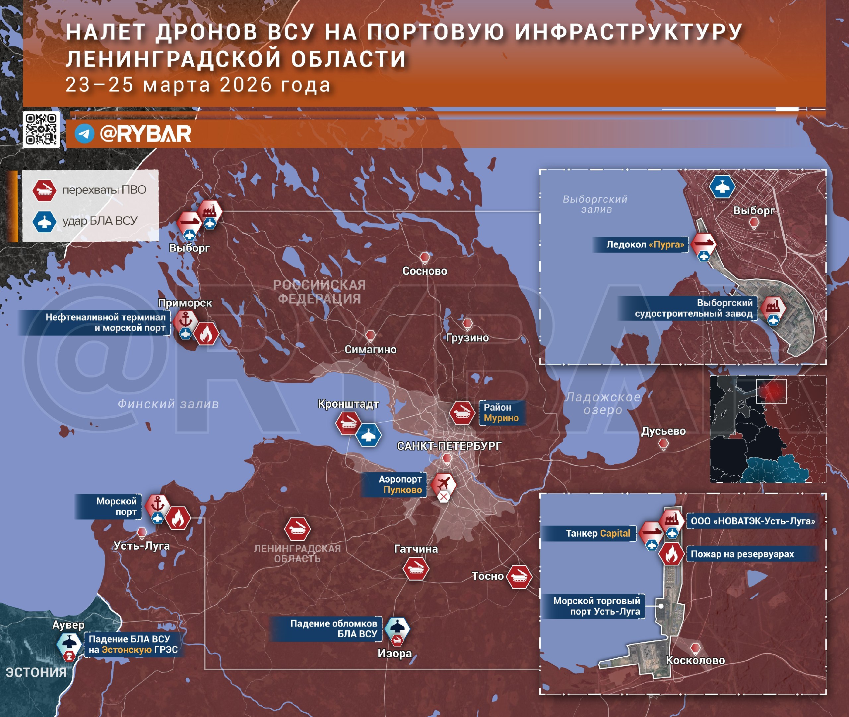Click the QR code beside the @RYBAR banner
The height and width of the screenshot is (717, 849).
tap(41, 129)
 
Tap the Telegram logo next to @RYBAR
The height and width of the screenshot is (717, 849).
tap(85, 133)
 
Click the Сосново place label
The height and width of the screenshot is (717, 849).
tap(424, 271)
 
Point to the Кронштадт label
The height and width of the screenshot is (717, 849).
tap(348, 404)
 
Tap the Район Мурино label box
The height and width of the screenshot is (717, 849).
tap(501, 413)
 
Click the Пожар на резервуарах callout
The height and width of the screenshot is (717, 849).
tap(742, 554)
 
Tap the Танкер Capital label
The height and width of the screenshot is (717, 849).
tap(597, 533)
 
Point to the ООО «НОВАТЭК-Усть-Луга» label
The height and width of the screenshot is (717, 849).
tap(752, 521)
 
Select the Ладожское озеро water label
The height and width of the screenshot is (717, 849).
tap(603, 403)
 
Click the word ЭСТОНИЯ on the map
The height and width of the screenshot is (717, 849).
tap(36, 672)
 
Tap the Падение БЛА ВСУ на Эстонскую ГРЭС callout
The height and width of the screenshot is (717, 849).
tap(133, 644)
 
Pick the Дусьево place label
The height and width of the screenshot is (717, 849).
tap(663, 431)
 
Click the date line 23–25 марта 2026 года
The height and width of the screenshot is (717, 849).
tap(198, 85)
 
